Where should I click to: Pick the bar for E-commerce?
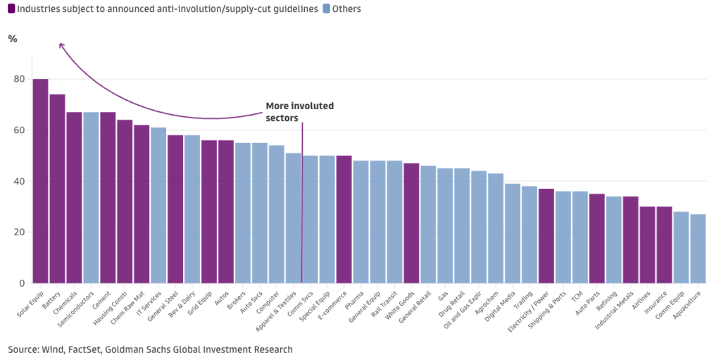tap(344, 219)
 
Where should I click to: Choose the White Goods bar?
tap(411, 223)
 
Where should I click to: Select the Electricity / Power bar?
tap(546, 236)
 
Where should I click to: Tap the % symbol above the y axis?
tap(13, 39)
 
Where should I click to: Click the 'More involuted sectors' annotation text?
tap(299, 112)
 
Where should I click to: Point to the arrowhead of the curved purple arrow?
tap(61, 45)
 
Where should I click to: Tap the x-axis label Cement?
tap(99, 299)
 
